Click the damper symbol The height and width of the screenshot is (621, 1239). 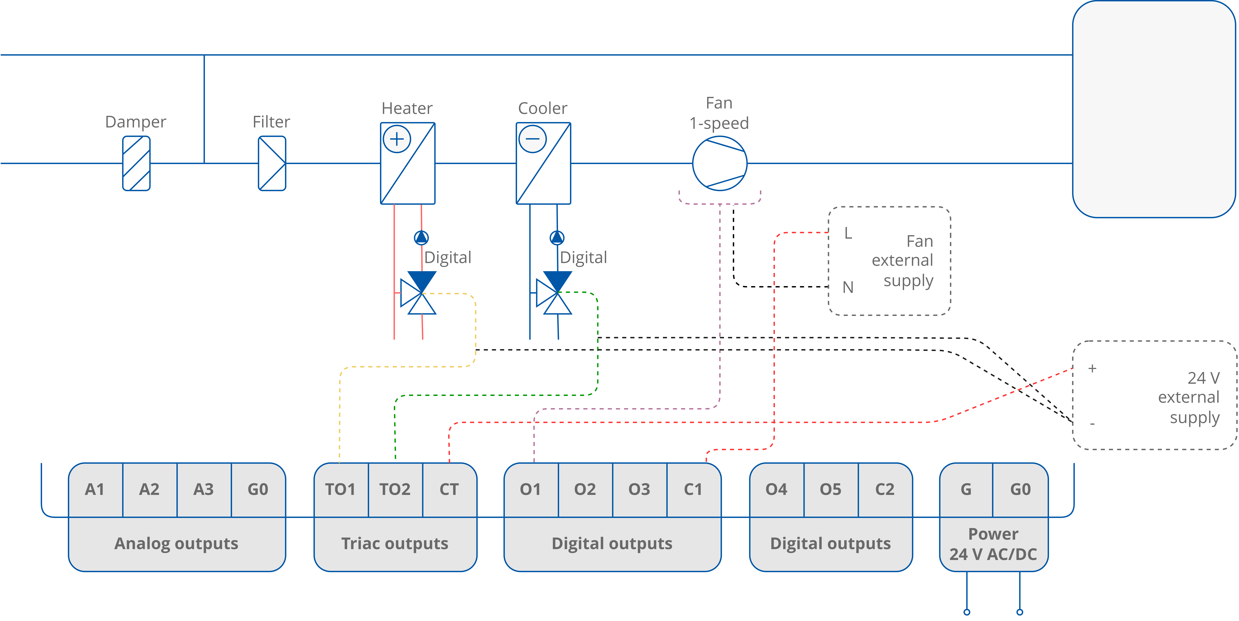click(136, 163)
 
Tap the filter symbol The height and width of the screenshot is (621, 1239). click(272, 163)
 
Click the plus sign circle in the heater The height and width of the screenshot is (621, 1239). click(397, 139)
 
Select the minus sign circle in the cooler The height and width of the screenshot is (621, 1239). click(532, 139)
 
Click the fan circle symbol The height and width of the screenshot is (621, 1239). click(720, 163)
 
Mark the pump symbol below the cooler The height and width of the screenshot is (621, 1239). click(557, 237)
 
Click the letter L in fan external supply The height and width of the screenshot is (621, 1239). click(848, 234)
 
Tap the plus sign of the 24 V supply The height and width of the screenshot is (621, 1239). click(1092, 369)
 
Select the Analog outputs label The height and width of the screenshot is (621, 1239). click(177, 544)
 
